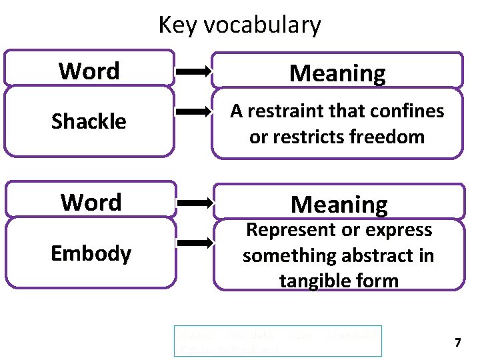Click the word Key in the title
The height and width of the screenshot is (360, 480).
pyautogui.click(x=178, y=25)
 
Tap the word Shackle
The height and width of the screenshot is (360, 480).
pyautogui.click(x=89, y=121)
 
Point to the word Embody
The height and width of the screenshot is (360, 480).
pyautogui.click(x=91, y=253)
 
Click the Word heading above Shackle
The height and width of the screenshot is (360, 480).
pyautogui.click(x=89, y=71)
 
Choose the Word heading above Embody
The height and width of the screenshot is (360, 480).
pyautogui.click(x=91, y=202)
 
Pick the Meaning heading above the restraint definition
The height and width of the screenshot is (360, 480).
pyautogui.click(x=337, y=73)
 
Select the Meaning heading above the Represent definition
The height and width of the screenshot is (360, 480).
pyautogui.click(x=339, y=204)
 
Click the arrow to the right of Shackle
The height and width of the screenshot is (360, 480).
pyautogui.click(x=193, y=113)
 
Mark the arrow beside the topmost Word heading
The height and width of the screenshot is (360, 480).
pyautogui.click(x=193, y=69)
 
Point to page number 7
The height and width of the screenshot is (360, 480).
pyautogui.click(x=457, y=343)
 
